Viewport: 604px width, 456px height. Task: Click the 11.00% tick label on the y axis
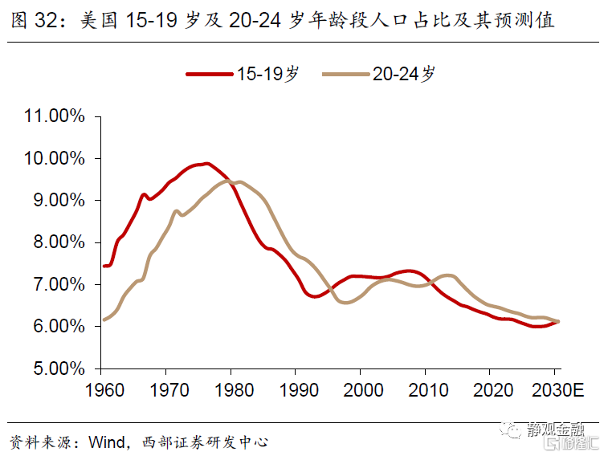55,116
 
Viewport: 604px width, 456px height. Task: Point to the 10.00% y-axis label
55,158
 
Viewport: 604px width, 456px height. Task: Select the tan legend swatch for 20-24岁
345,74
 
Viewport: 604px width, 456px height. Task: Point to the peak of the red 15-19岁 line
206,164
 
